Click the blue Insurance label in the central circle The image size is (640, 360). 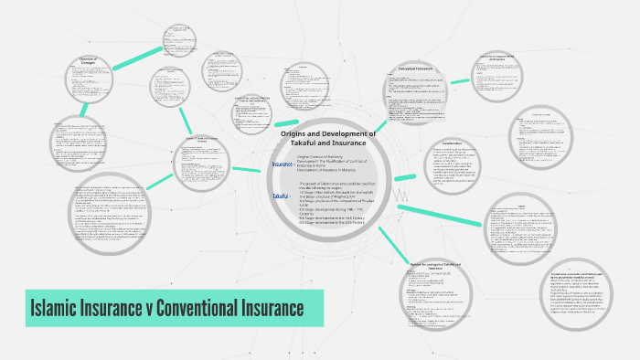[x=282, y=165]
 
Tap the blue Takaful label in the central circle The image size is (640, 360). [x=280, y=196]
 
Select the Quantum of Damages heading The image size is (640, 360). [x=88, y=62]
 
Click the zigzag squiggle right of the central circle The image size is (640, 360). [x=400, y=194]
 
